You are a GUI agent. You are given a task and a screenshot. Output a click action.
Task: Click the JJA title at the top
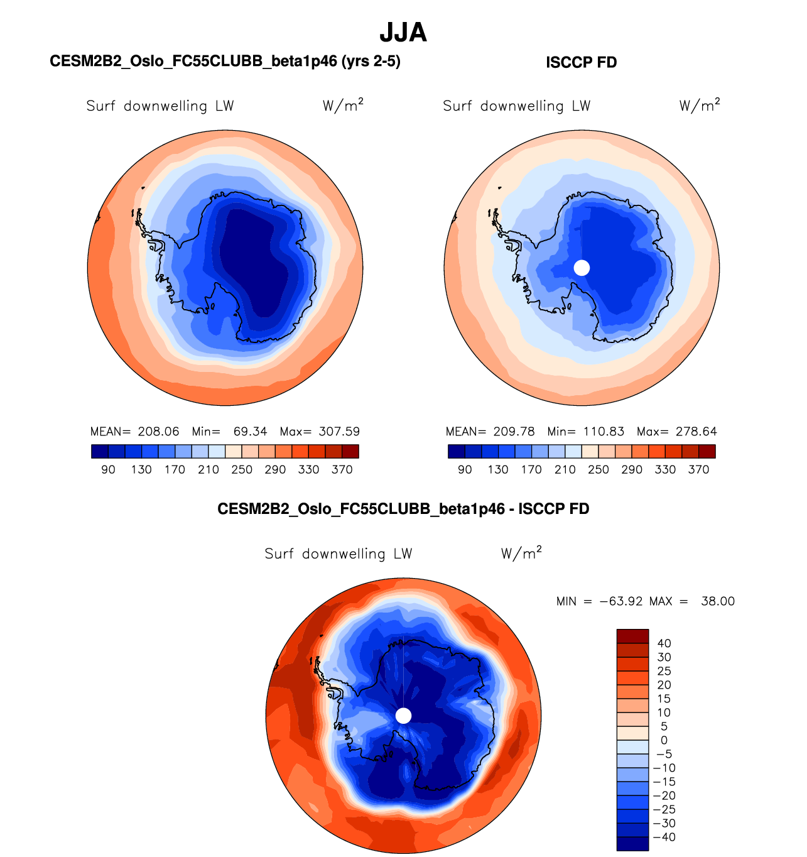(x=403, y=33)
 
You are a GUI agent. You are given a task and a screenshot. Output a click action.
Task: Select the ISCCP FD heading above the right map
(x=581, y=62)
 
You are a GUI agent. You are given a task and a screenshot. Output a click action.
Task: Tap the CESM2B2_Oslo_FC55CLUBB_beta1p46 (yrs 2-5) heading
(x=225, y=61)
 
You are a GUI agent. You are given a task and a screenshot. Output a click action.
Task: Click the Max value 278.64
(x=695, y=432)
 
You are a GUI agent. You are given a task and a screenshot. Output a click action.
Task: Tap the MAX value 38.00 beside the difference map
(x=718, y=601)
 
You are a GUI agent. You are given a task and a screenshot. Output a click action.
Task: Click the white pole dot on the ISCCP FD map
(x=582, y=268)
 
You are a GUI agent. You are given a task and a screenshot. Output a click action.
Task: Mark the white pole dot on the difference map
(x=403, y=716)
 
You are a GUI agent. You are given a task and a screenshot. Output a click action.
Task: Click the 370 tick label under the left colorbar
(x=342, y=469)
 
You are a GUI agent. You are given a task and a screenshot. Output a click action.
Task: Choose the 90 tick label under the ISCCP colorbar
(x=465, y=469)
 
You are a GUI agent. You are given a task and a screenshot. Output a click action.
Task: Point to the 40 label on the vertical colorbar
(x=664, y=643)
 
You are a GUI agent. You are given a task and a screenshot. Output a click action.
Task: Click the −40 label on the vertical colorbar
(x=664, y=837)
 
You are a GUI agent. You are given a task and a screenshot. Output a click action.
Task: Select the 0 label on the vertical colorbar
(x=664, y=740)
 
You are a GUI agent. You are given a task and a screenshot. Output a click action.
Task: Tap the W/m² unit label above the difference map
(x=521, y=554)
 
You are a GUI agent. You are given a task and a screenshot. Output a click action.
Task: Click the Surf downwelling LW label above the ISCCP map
(x=516, y=106)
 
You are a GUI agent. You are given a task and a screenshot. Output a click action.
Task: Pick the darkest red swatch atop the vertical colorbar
(x=632, y=636)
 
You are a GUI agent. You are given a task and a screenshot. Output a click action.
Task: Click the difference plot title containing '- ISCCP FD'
(x=403, y=508)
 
